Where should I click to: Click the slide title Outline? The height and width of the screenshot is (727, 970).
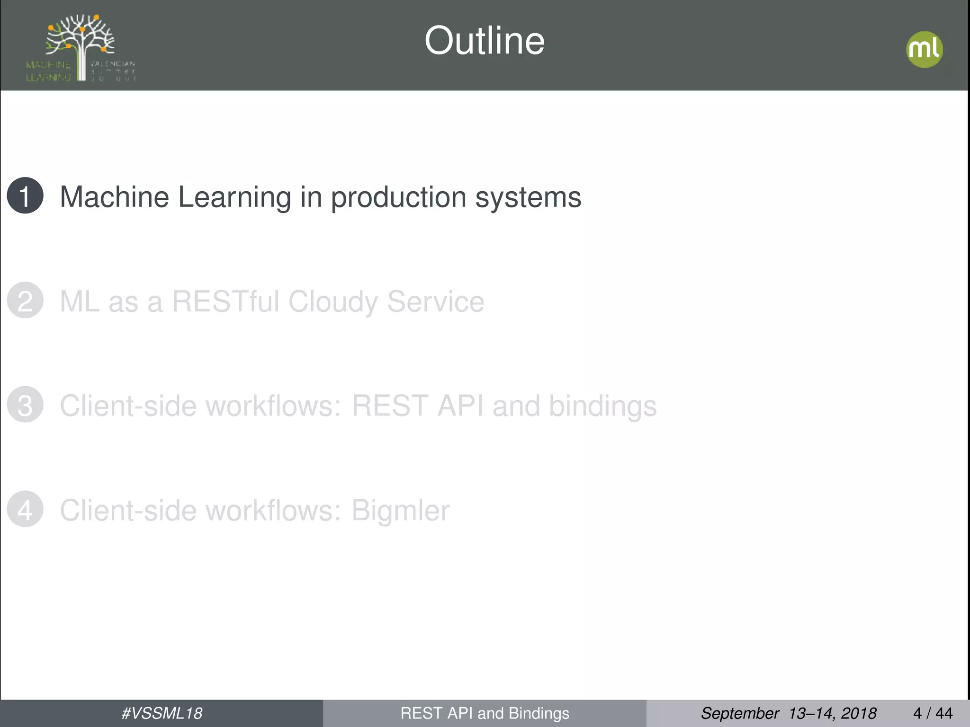coord(484,41)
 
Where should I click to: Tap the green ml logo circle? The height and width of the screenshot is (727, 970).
coord(924,49)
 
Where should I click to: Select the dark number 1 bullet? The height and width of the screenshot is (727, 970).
coord(25,195)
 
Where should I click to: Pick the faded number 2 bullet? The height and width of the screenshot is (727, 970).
coord(25,300)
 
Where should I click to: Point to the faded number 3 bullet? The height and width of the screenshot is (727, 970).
coord(25,405)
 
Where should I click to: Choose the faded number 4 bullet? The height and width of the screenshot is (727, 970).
coord(25,509)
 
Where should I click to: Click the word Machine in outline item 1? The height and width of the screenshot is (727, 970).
coord(115,197)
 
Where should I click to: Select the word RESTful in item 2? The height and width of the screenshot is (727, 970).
coord(225,301)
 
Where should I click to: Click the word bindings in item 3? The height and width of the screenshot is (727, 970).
coord(602,407)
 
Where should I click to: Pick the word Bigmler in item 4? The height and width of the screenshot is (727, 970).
coord(400,511)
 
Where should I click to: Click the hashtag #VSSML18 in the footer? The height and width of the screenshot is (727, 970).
coord(162,713)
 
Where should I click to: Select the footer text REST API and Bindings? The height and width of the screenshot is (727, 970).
coord(485,713)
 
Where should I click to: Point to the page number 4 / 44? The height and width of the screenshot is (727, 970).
coord(933,713)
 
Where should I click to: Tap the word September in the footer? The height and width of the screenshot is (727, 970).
coord(739,713)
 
